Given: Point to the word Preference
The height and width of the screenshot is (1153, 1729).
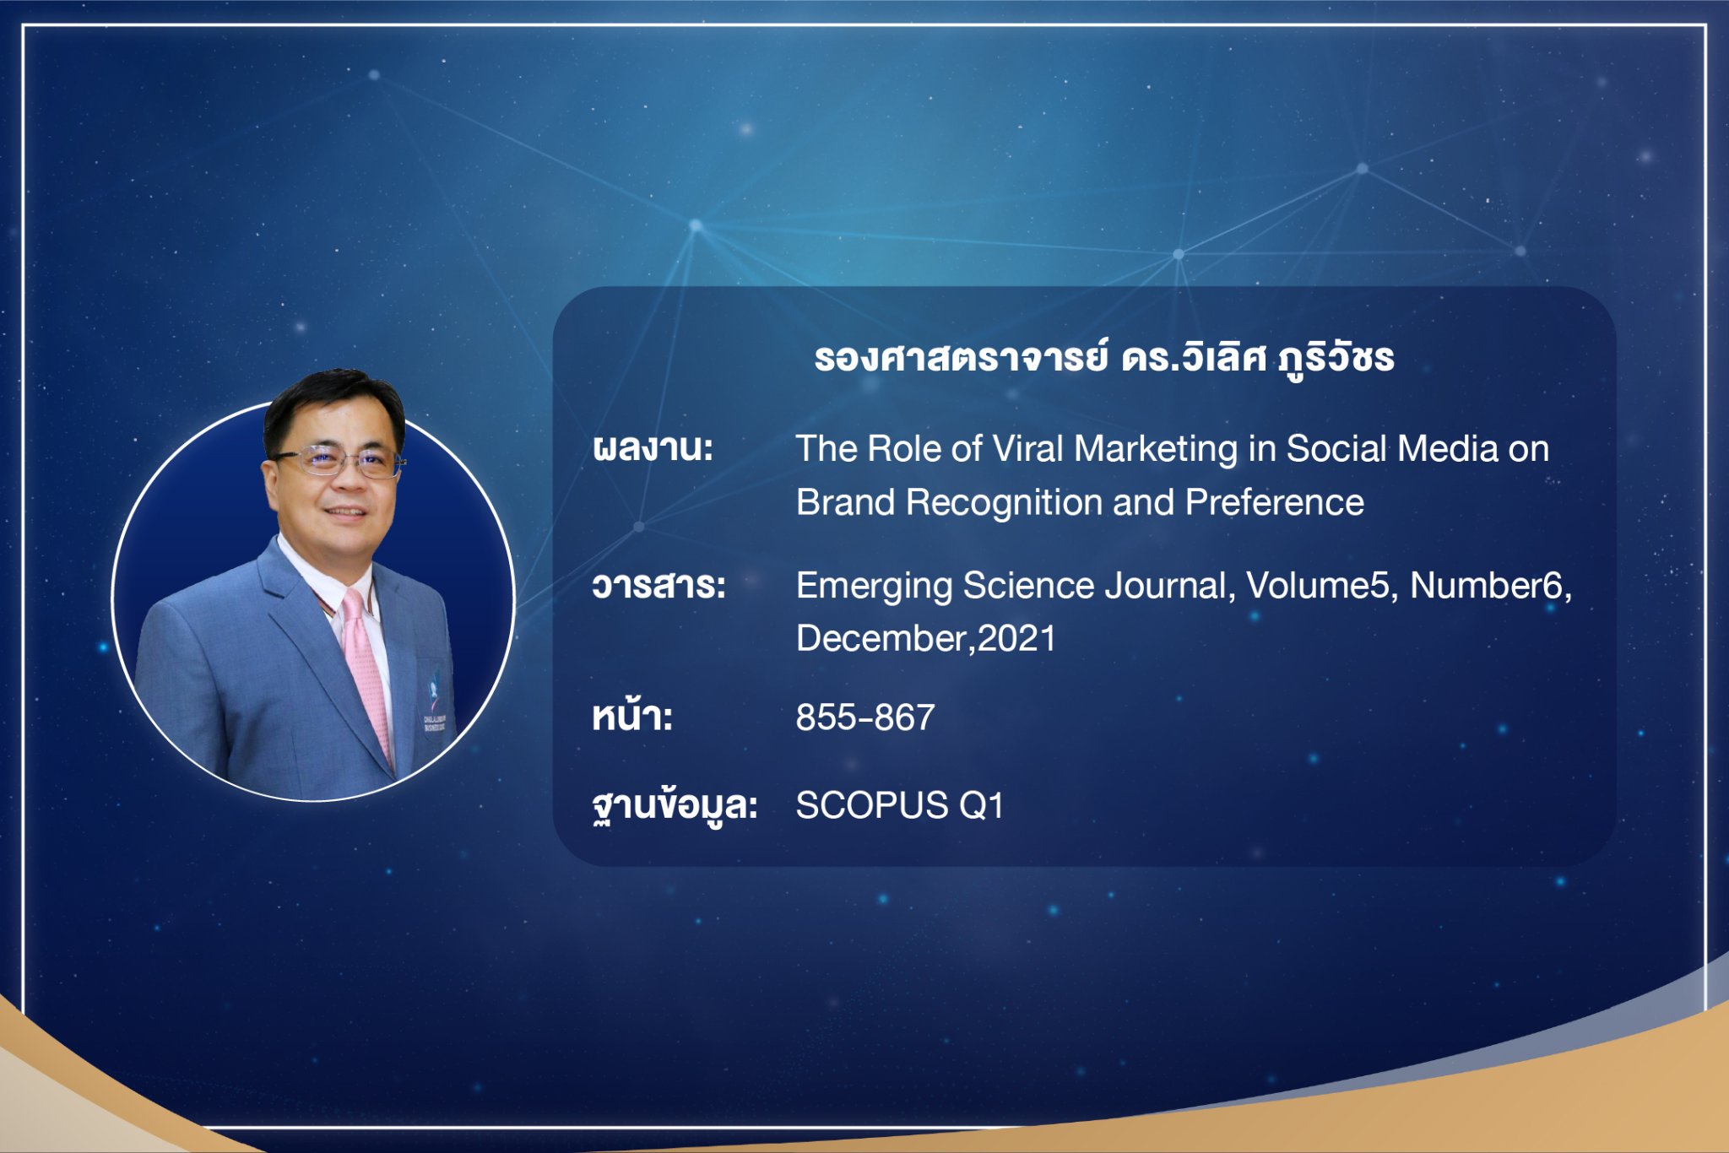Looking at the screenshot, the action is [1275, 502].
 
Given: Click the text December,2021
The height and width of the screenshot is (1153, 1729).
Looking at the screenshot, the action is [926, 639].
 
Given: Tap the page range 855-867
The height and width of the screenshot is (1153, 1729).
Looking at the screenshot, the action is [865, 717].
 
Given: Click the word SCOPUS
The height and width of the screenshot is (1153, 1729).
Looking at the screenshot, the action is [872, 805].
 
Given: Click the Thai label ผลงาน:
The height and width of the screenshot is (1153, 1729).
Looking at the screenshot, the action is [653, 448].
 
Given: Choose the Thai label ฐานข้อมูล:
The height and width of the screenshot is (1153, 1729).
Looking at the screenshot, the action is [675, 805].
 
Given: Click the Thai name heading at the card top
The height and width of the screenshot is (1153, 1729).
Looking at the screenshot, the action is [1103, 359].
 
